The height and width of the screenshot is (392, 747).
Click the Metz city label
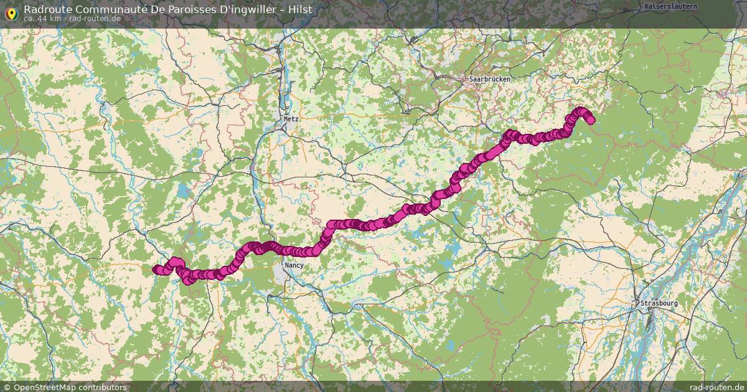click(291, 118)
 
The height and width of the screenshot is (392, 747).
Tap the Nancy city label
click(294, 265)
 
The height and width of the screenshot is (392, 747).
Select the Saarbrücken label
click(490, 80)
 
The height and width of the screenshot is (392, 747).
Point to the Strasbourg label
click(659, 303)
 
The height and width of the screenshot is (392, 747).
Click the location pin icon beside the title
click(11, 12)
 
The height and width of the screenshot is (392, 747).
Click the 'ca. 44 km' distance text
click(42, 19)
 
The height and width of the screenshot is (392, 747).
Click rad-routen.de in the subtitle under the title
click(95, 19)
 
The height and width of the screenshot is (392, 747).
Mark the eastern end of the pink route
click(590, 120)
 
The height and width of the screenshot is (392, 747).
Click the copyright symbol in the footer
click(6, 387)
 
